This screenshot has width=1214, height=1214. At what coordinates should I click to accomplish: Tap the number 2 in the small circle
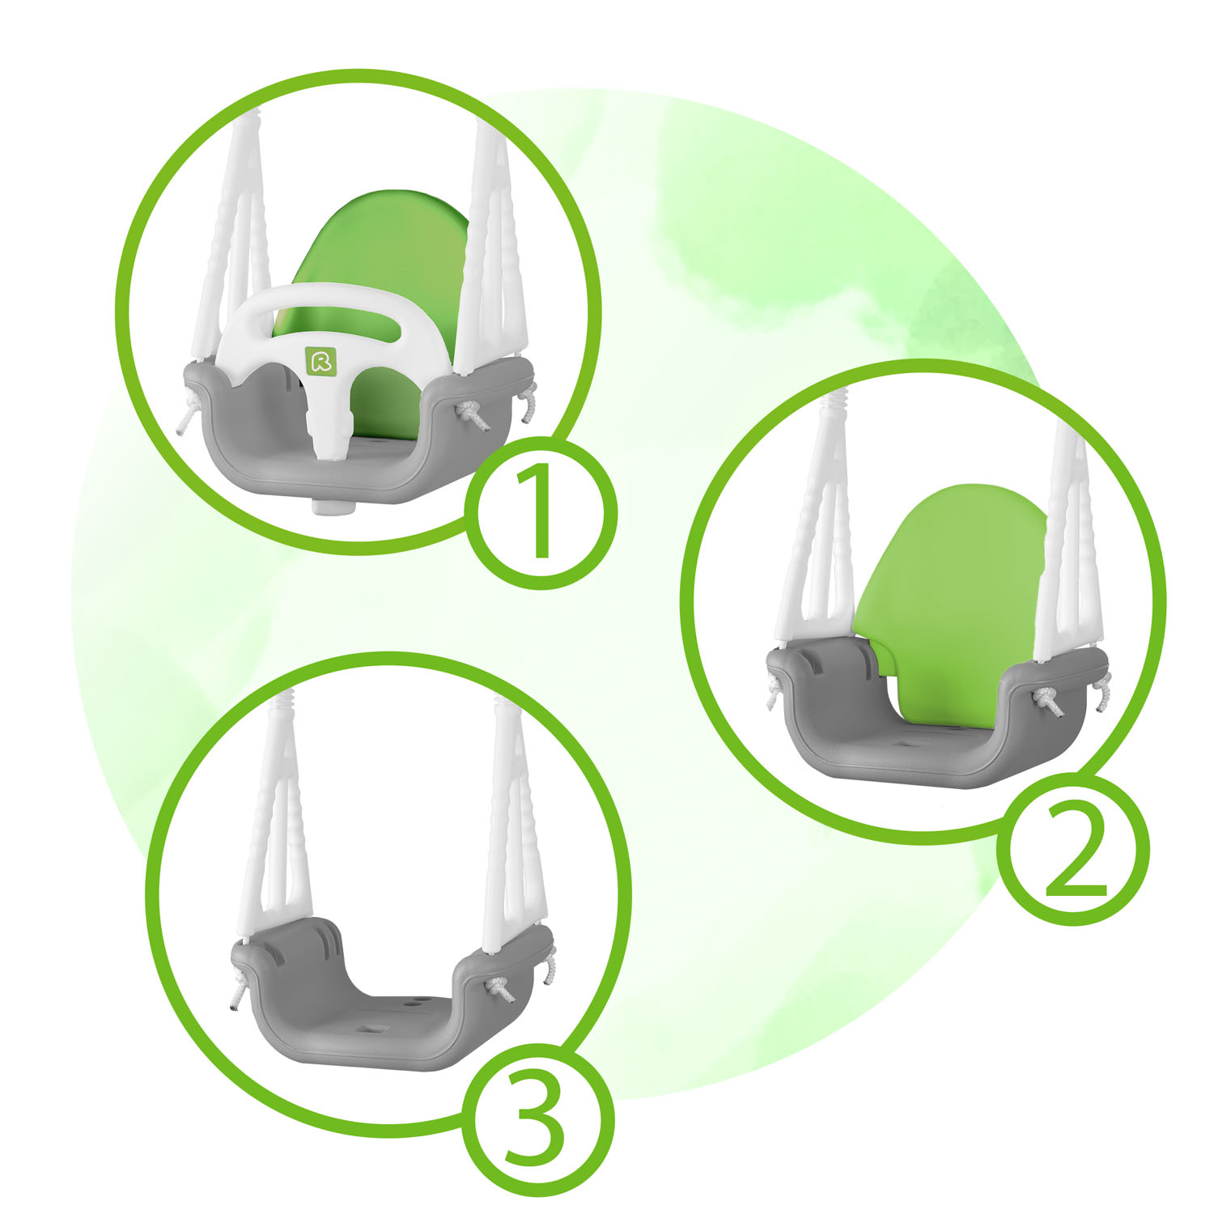tap(1075, 850)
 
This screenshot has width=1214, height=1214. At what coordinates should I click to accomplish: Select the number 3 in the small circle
tap(534, 1120)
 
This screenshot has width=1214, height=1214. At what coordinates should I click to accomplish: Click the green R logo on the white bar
tap(321, 360)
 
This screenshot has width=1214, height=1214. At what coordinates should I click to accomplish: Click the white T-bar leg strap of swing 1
tap(332, 421)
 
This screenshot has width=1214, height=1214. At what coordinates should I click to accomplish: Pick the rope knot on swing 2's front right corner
tap(1051, 700)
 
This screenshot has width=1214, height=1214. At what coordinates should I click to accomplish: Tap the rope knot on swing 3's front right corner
tap(497, 988)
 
